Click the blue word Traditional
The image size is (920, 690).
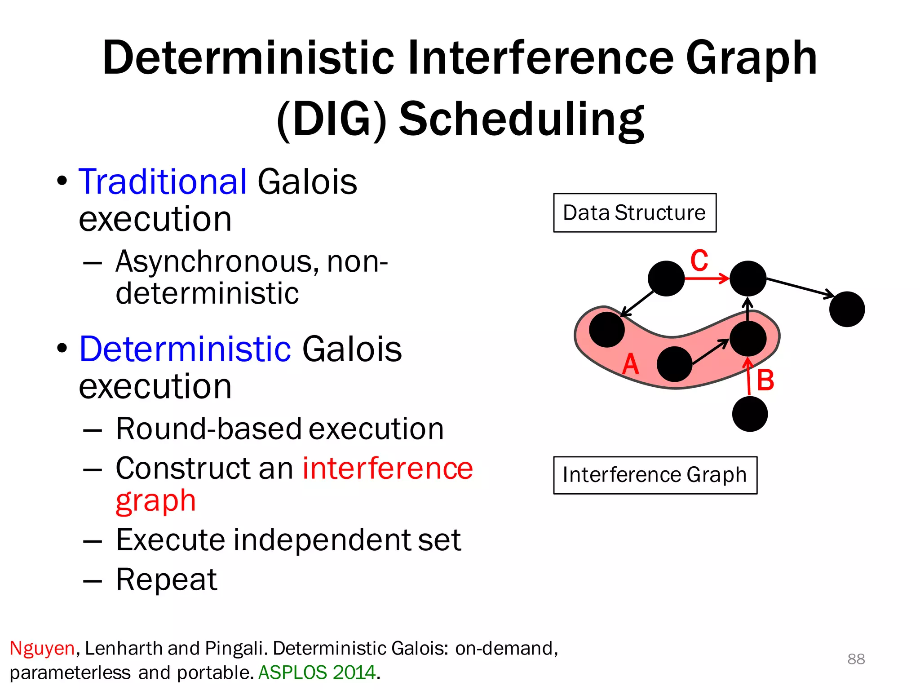(163, 181)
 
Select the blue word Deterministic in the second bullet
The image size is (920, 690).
(185, 349)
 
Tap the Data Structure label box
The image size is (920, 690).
(634, 213)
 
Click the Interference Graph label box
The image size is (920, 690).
(655, 475)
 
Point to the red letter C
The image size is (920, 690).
(699, 261)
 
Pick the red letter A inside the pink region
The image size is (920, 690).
(630, 364)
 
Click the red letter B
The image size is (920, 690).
(765, 380)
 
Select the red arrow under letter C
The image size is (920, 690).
(707, 279)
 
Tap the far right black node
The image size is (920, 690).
(847, 309)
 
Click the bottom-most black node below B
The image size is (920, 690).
(750, 414)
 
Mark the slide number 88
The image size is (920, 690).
(856, 659)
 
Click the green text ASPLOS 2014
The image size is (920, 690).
(317, 672)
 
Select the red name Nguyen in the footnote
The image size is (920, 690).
(42, 648)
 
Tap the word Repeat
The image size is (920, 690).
(166, 579)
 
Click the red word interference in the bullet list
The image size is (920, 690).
(387, 469)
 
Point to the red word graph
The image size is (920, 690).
(155, 501)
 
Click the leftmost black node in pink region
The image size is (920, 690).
(606, 330)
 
